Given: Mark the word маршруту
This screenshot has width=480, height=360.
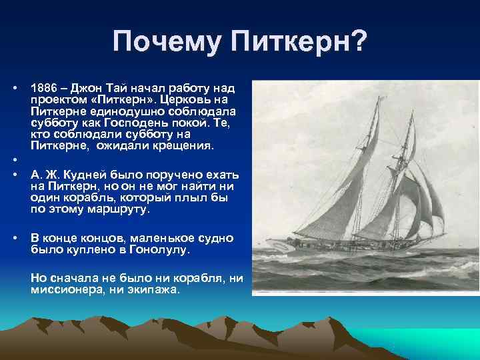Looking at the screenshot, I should [x=121, y=209].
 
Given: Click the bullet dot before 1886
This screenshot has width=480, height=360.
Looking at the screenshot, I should [x=15, y=88].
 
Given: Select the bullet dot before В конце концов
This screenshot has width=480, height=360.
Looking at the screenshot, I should [x=15, y=239].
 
